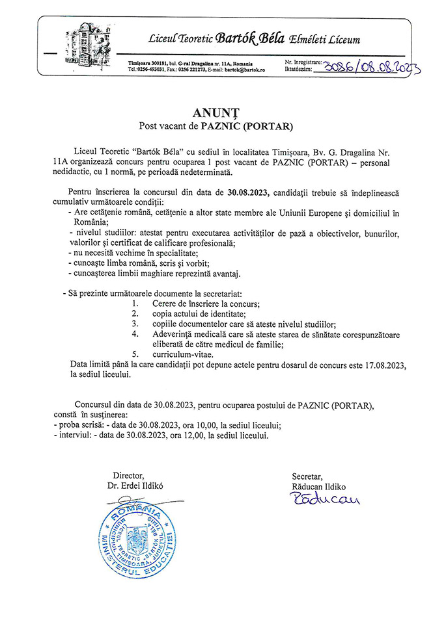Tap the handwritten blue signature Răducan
tap(326, 499)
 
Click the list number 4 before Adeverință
tap(135, 334)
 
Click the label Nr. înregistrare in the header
tap(303, 60)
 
